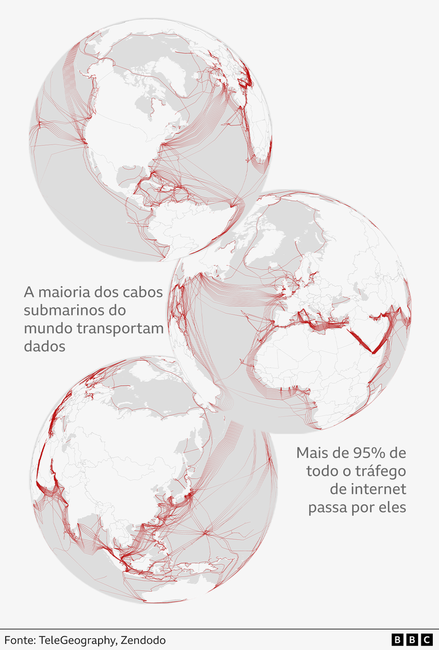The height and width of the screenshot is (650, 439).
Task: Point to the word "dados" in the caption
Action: click(x=44, y=346)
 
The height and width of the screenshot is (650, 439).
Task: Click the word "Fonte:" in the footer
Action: click(x=19, y=640)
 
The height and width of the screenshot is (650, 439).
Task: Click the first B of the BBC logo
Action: click(x=398, y=640)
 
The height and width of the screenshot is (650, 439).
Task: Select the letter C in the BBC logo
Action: click(x=426, y=640)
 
